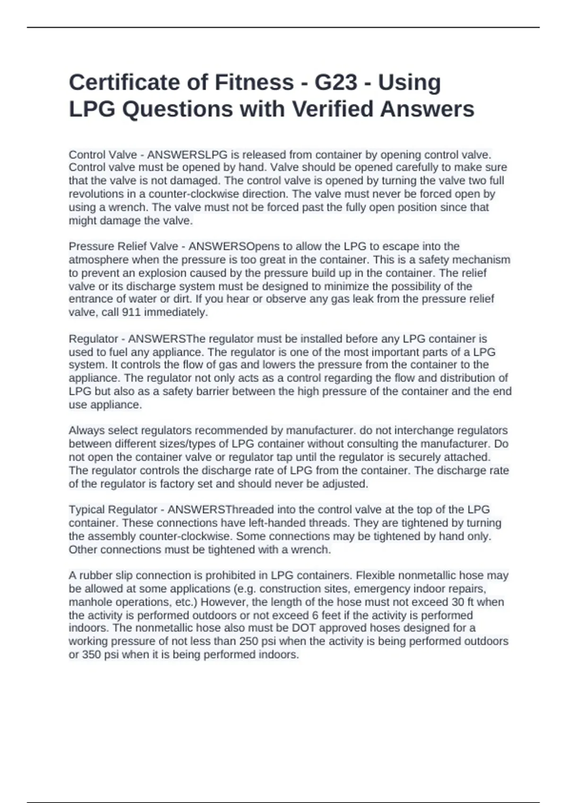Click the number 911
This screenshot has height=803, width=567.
(131, 312)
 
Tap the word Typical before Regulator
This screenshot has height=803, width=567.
(87, 510)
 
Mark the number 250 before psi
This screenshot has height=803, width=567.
(249, 641)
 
